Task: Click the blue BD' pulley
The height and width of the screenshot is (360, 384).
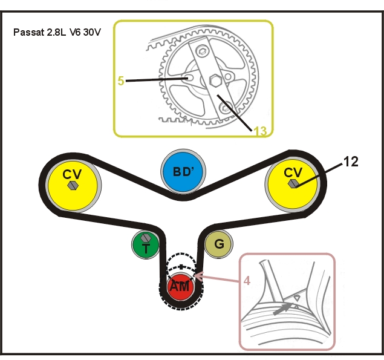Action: point(183,171)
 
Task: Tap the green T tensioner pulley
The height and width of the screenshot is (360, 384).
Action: point(146,244)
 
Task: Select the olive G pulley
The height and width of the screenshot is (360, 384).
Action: point(218,244)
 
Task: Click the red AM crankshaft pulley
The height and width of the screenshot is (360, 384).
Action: point(181,286)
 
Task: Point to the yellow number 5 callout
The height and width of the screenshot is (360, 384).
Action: point(121,80)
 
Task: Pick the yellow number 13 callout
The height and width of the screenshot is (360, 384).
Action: point(260,131)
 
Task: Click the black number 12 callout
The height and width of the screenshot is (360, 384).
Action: point(351,162)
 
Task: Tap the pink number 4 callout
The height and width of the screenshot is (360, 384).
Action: point(247,281)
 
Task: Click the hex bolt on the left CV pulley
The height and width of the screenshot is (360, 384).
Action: point(73,186)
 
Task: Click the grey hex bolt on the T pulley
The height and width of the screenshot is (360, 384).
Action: point(146,237)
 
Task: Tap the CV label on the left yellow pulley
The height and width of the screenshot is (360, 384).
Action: point(72,174)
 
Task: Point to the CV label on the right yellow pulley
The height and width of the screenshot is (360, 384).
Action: point(293,172)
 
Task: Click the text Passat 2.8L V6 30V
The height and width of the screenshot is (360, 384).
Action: point(57,32)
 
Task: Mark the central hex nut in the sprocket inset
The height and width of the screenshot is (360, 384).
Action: point(215,80)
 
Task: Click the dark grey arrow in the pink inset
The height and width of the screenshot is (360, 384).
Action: point(283,309)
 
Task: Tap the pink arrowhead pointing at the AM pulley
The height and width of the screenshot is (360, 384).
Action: point(199,277)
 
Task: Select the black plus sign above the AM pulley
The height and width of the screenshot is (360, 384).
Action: point(181,267)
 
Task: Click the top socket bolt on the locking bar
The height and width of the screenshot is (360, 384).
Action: point(202,51)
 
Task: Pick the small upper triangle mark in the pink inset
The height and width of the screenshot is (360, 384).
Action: point(297,298)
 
